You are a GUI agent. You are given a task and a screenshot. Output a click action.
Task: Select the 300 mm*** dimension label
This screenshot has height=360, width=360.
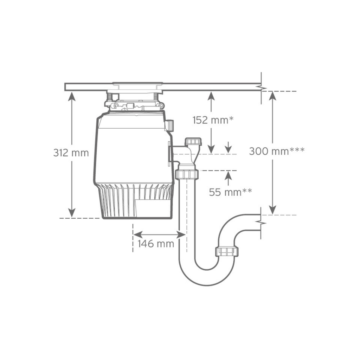(277, 151)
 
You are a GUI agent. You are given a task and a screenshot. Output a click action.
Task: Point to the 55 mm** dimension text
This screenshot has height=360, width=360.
(230, 192)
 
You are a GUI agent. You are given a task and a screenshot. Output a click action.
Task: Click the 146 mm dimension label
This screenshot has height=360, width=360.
(155, 243)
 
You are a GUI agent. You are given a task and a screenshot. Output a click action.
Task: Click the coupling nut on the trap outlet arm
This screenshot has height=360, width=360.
(226, 251)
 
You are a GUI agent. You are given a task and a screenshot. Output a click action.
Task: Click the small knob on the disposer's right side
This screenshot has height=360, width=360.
(169, 126)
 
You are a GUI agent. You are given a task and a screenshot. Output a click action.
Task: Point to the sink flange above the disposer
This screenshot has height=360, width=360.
(137, 84)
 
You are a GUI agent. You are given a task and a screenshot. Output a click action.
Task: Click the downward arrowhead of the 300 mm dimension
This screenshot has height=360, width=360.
(272, 210)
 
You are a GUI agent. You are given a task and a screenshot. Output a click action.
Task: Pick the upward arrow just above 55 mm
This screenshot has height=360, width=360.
(229, 175)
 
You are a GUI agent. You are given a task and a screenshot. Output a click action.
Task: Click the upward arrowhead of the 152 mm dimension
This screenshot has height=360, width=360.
(211, 96)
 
